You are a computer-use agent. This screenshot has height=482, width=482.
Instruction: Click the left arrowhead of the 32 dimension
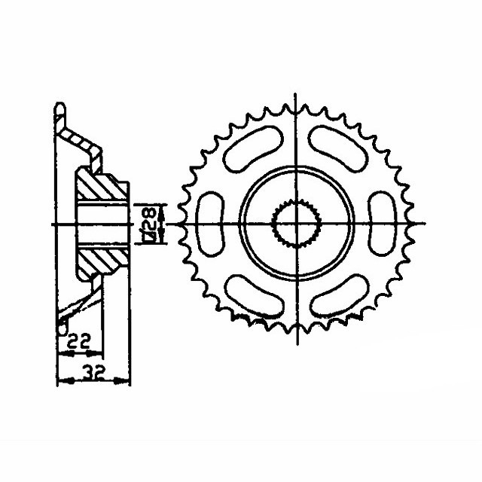[x=61, y=381]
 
